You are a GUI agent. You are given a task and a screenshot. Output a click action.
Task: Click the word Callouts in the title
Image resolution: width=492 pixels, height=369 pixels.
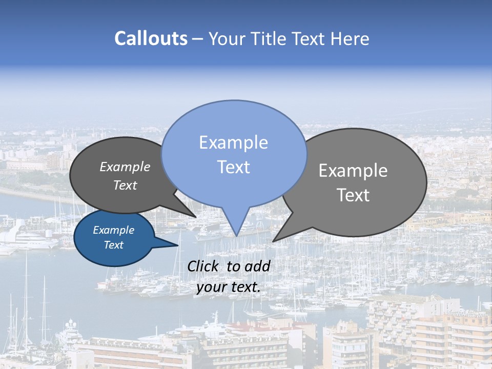151,38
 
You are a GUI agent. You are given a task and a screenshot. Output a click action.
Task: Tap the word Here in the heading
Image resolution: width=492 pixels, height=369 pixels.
350,38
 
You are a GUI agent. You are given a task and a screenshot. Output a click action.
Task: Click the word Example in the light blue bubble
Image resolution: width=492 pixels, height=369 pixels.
233,142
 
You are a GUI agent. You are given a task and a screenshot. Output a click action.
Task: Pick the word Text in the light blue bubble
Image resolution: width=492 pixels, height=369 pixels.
233,167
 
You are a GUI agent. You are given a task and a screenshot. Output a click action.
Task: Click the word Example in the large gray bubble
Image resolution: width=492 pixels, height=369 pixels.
353,171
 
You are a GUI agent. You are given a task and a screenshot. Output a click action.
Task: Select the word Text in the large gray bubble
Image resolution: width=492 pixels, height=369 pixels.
353,195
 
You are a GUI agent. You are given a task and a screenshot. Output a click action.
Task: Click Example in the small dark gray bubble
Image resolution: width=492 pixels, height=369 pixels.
125,167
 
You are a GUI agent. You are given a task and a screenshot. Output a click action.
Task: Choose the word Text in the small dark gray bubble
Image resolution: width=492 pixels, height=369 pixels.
125,185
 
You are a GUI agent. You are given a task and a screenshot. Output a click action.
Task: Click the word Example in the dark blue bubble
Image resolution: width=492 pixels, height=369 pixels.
113,230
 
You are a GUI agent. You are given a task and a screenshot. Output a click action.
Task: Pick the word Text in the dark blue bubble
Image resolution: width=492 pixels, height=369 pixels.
113,245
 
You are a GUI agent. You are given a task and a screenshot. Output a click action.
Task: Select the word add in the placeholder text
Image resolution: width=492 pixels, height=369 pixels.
257,266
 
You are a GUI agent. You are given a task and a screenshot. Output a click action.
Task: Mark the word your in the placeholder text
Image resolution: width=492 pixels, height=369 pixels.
211,287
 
